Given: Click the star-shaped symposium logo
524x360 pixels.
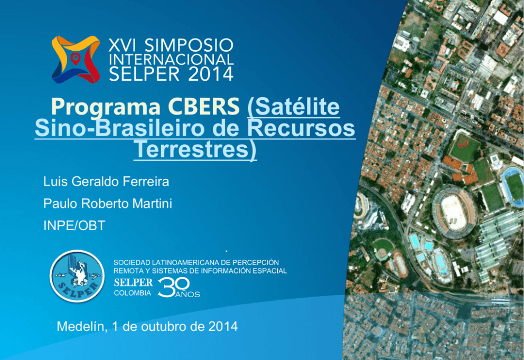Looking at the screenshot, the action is click(x=76, y=59).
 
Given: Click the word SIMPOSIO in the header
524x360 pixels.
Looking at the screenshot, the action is click(x=189, y=45).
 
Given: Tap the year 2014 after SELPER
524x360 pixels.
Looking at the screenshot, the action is click(x=211, y=74).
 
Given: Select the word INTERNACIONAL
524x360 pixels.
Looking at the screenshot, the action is click(x=171, y=60).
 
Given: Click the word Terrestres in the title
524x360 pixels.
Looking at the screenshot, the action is click(x=193, y=149).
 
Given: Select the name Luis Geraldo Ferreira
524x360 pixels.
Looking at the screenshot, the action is click(x=106, y=182).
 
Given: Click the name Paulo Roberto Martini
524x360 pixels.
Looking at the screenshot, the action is click(x=108, y=203).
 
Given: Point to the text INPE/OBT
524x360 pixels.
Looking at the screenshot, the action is click(x=74, y=226).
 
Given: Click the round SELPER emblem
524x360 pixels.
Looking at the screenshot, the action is click(x=77, y=276).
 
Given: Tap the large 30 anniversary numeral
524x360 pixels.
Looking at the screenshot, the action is click(x=173, y=288).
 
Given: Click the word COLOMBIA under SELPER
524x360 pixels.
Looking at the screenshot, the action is click(x=133, y=293).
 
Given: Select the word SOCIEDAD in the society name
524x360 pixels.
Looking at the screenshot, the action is click(x=132, y=262).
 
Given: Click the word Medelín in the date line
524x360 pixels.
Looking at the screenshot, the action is click(x=82, y=326).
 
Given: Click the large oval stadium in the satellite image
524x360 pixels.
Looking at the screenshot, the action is click(x=454, y=211).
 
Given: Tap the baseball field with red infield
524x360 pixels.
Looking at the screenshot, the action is click(x=465, y=147).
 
